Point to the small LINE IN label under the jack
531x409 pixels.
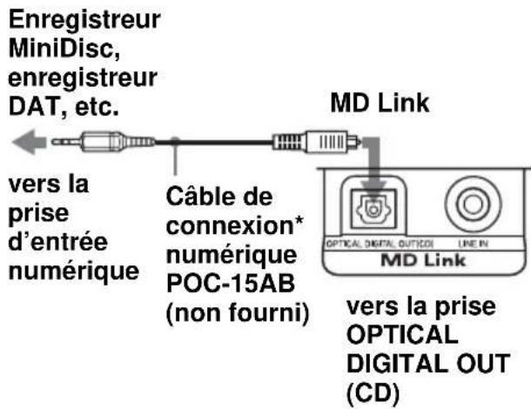pyautogui.click(x=471, y=246)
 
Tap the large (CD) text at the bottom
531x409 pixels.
pyautogui.click(x=369, y=392)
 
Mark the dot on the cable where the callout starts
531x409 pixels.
pyautogui.click(x=176, y=139)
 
